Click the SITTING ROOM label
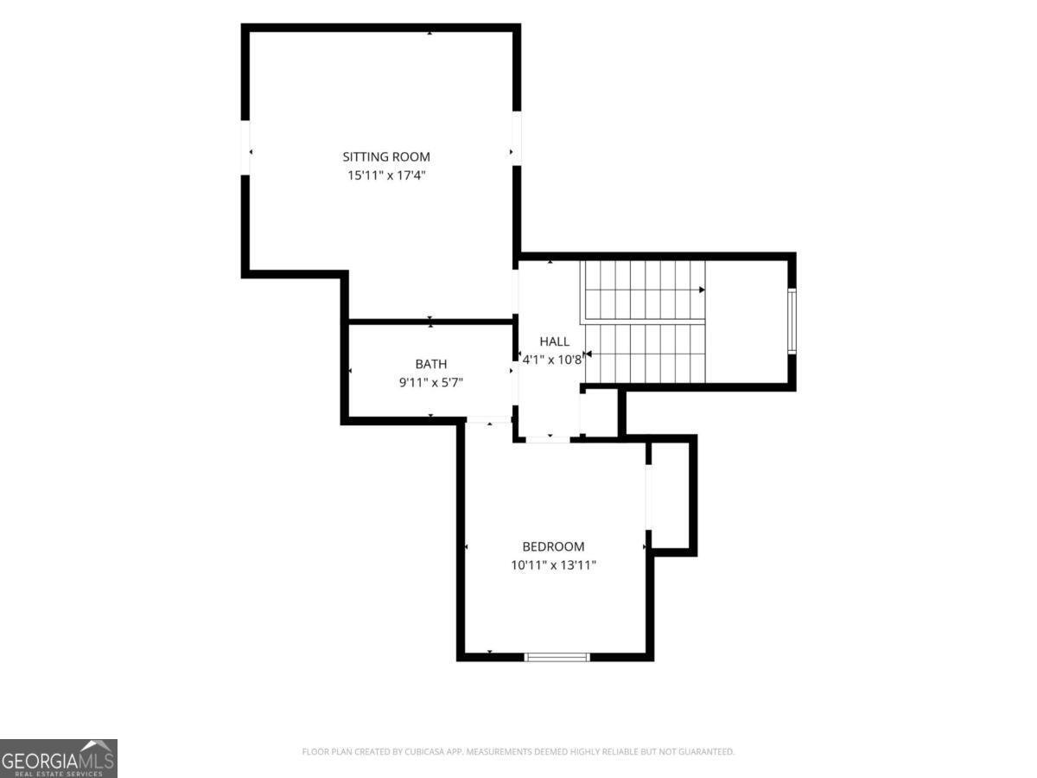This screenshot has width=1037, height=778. [386, 156]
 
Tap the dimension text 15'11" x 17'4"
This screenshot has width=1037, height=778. [386, 175]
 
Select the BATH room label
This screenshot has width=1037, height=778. [431, 364]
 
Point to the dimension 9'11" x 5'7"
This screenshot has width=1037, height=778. [431, 382]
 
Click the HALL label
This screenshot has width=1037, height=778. [554, 341]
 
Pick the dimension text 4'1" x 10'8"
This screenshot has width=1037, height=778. [552, 360]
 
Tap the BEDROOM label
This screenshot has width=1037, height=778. [553, 546]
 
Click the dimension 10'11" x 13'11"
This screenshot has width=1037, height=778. [553, 565]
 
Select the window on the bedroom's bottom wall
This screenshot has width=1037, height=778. [557, 657]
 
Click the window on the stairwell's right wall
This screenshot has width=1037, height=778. [792, 322]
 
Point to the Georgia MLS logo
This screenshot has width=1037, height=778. [59, 758]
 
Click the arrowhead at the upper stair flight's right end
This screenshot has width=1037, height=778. [702, 290]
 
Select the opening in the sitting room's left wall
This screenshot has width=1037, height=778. [245, 148]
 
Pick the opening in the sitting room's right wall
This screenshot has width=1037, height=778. [517, 138]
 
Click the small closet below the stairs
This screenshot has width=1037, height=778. [599, 413]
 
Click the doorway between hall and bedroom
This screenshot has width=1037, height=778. [548, 439]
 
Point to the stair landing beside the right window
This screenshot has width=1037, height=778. [746, 322]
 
